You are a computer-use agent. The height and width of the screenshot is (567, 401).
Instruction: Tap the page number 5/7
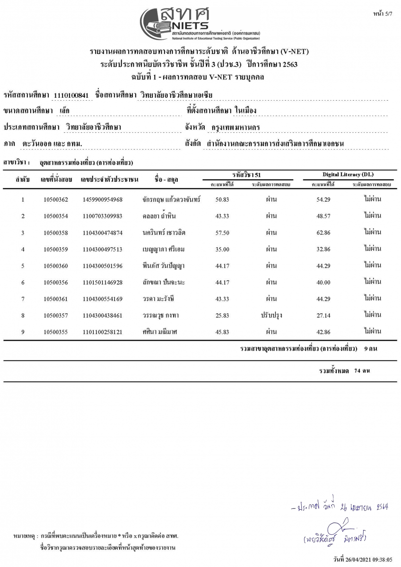[383, 15]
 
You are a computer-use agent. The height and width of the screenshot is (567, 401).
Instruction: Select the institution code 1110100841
[71, 95]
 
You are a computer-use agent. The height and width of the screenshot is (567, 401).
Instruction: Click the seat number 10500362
[55, 199]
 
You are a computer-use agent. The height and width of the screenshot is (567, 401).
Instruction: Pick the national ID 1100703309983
[102, 216]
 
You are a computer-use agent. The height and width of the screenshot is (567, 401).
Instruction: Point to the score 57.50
[222, 232]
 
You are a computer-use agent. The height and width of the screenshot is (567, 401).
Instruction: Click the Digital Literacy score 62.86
[323, 232]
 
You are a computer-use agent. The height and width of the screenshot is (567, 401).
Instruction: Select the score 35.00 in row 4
[222, 249]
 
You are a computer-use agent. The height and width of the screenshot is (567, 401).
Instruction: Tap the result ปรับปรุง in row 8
[270, 315]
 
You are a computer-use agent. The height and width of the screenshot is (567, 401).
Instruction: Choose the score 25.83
[222, 315]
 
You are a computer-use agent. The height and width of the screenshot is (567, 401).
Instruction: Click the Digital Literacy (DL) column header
[345, 174]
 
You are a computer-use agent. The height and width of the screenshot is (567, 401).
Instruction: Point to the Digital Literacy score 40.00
[323, 282]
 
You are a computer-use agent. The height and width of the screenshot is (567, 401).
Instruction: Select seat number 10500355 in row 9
[55, 332]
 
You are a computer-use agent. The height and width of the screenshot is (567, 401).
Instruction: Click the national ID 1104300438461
[102, 315]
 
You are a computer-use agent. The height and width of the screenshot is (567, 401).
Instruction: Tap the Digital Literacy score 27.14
[323, 315]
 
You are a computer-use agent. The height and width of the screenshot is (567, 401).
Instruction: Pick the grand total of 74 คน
[362, 371]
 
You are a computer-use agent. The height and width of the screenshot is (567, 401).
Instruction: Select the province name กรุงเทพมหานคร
[235, 127]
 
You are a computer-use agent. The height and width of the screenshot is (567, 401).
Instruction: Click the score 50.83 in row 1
[222, 199]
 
